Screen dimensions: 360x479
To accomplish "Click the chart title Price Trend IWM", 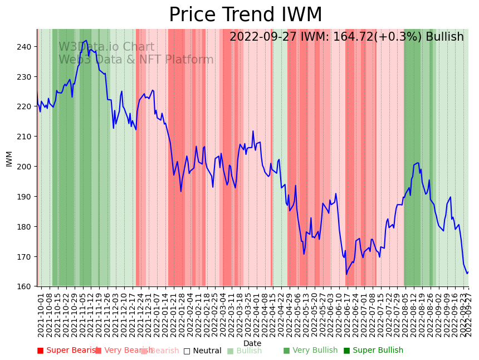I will [245, 15].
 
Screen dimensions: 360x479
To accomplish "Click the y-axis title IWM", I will [9, 158].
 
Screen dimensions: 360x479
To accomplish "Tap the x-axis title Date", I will [252, 343].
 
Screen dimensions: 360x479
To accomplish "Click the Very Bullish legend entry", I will [310, 351].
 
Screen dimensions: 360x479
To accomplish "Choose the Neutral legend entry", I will [202, 351].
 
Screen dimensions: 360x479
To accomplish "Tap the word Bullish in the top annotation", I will [444, 37].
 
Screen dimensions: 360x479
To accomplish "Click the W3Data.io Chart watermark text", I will [106, 47].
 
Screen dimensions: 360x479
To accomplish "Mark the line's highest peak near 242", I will [86, 41].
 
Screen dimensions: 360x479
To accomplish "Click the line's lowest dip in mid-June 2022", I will [346, 274].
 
